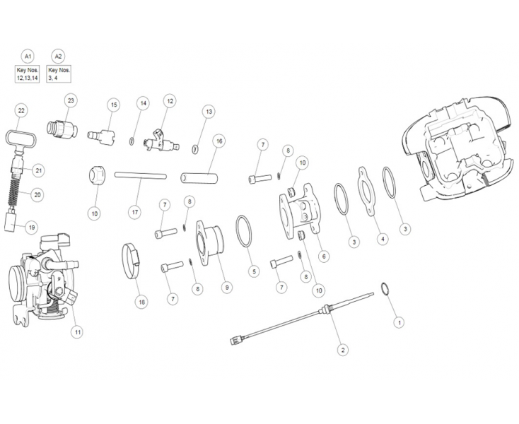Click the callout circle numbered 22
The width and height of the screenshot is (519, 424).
[21, 111]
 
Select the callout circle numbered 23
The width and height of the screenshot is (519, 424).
[71, 101]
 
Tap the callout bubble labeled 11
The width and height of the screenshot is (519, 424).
[78, 331]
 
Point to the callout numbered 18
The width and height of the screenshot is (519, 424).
[142, 302]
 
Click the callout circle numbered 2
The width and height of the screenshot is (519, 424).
[343, 349]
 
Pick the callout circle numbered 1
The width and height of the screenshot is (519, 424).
[399, 322]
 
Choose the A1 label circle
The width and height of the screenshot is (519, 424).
[28, 55]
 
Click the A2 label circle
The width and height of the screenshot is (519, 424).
[59, 55]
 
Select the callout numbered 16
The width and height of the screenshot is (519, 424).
[219, 141]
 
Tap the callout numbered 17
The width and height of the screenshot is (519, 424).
[134, 211]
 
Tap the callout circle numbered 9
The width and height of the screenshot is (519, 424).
[226, 288]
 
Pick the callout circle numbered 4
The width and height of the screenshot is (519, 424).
[383, 239]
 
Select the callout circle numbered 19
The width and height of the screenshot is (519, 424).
[31, 228]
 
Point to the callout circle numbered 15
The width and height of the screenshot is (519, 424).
[113, 105]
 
